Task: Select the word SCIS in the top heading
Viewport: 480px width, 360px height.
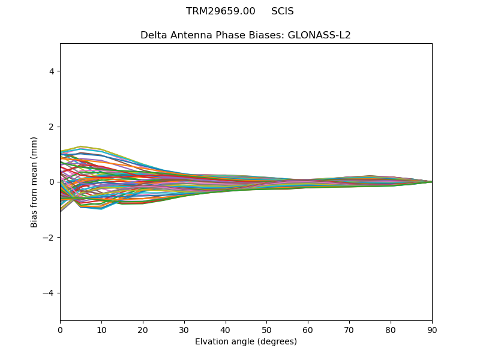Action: (283, 11)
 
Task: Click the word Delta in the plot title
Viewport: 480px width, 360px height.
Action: (154, 35)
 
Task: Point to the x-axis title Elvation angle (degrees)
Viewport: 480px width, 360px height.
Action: (246, 342)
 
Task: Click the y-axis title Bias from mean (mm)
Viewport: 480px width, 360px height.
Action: (35, 182)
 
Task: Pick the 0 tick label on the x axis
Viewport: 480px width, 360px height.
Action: (60, 329)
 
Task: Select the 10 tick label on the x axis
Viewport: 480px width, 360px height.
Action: (101, 329)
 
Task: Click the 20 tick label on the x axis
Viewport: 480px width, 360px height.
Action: (143, 329)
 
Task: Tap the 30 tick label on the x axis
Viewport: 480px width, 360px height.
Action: (184, 329)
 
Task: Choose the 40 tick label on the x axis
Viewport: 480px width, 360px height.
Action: (226, 329)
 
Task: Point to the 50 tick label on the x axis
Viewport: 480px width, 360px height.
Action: (266, 329)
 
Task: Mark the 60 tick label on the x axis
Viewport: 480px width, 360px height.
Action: (308, 329)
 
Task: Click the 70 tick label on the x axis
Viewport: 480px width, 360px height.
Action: (349, 329)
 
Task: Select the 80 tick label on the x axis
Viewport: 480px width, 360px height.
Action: (391, 329)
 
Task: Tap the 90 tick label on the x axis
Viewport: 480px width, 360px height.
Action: (432, 329)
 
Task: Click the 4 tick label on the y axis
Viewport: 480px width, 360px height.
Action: (52, 71)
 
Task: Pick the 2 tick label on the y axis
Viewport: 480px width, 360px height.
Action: (52, 127)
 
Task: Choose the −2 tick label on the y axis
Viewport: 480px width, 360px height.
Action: (49, 238)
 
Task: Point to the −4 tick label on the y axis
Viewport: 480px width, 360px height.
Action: (49, 293)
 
